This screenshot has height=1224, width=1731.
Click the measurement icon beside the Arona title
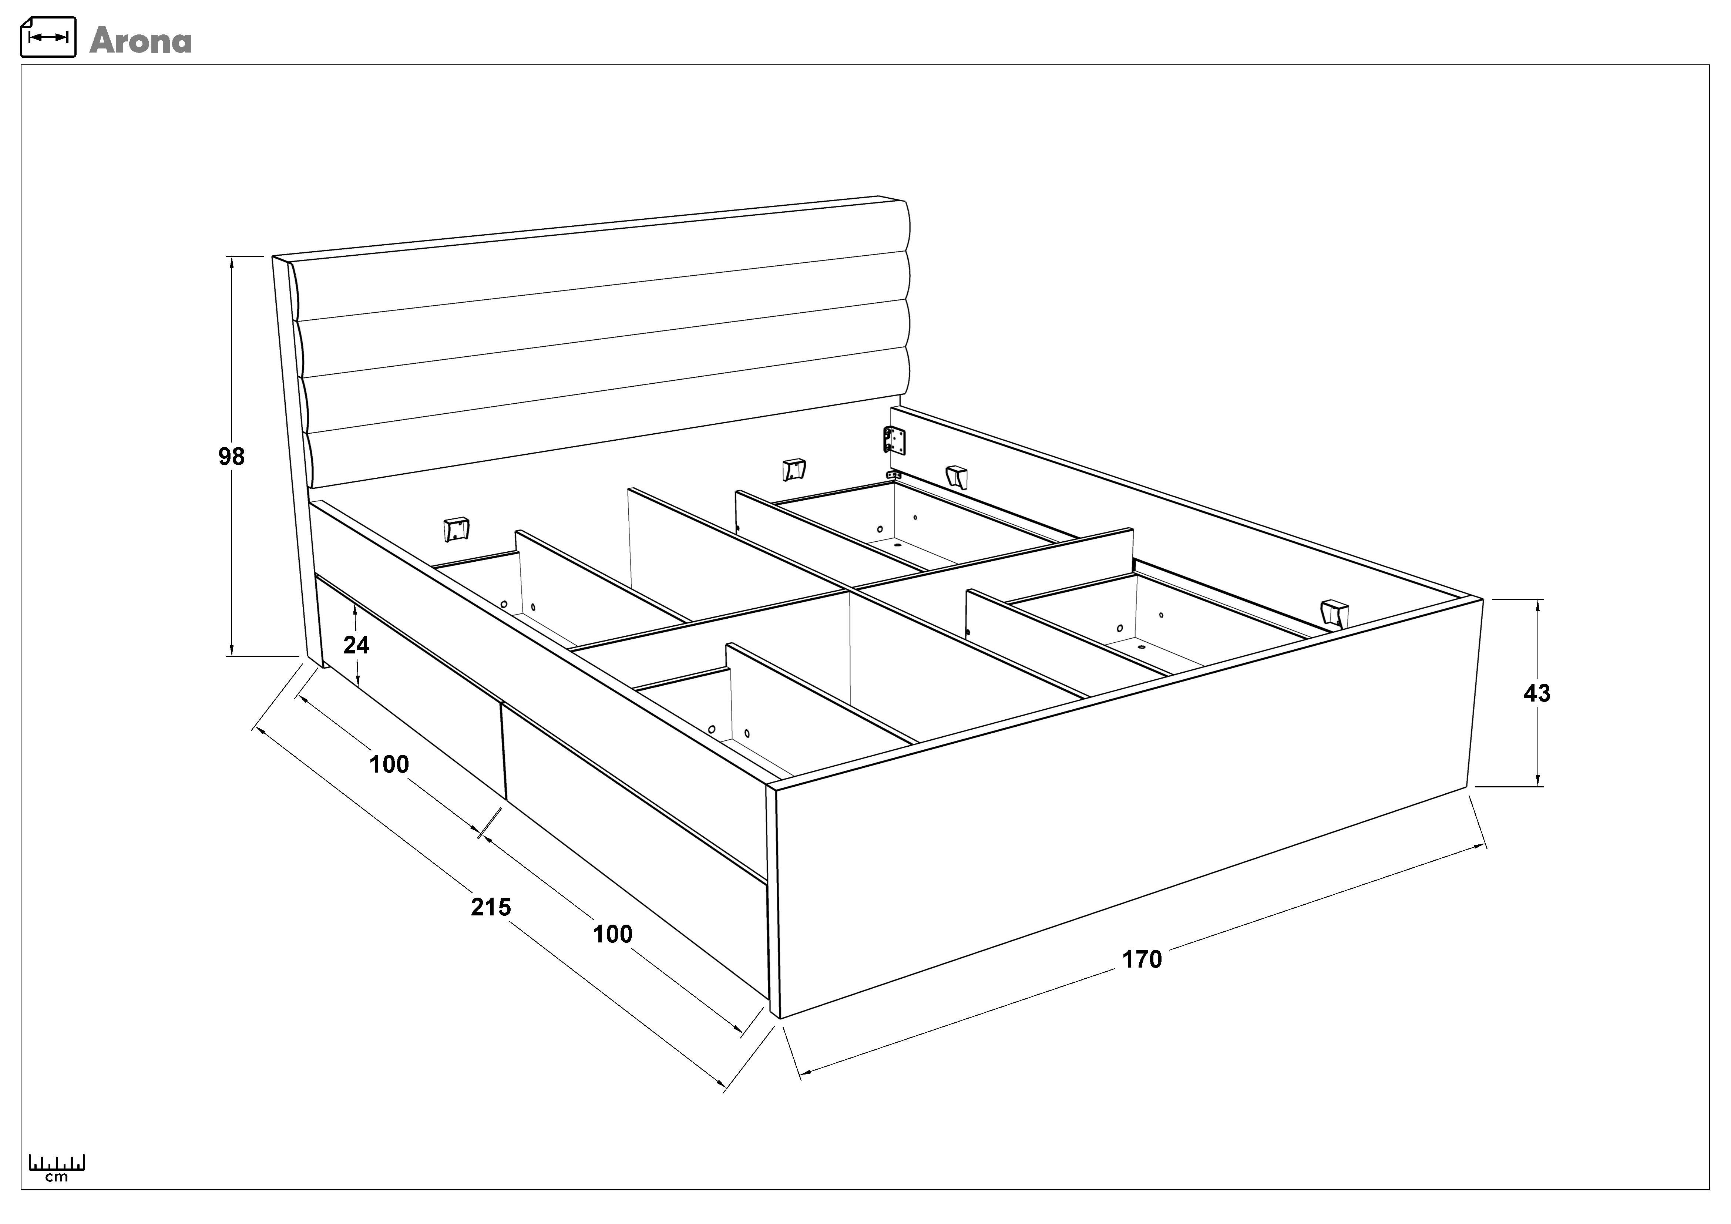pos(48,37)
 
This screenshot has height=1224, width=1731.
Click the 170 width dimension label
pos(1142,959)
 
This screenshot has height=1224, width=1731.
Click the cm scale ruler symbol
pos(57,1167)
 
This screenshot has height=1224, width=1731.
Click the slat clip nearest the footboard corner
pos(1334,613)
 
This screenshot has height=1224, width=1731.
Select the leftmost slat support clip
pos(456,529)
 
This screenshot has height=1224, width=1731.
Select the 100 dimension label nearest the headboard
pos(389,764)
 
